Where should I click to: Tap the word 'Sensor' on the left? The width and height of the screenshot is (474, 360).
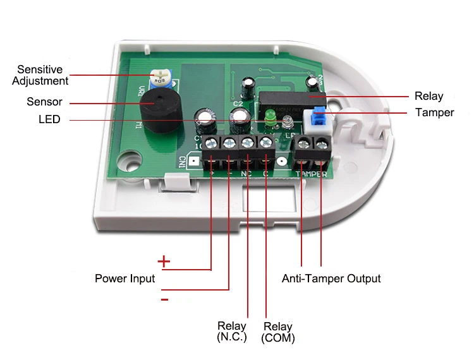(x=44, y=102)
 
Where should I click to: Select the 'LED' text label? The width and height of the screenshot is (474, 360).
(x=49, y=119)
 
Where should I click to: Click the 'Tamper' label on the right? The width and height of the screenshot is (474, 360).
(x=434, y=112)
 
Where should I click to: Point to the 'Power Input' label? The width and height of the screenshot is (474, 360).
(x=125, y=279)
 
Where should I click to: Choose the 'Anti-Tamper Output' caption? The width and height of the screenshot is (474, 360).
(x=331, y=279)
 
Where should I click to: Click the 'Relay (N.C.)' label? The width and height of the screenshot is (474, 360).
(x=232, y=332)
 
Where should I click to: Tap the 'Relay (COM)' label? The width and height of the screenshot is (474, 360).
(x=278, y=332)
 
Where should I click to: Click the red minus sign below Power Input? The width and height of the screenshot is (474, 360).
(x=164, y=299)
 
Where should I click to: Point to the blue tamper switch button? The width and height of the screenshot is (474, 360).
(x=320, y=116)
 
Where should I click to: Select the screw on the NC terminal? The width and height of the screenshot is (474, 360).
(x=248, y=141)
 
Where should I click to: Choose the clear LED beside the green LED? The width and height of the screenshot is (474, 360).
(x=285, y=119)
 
